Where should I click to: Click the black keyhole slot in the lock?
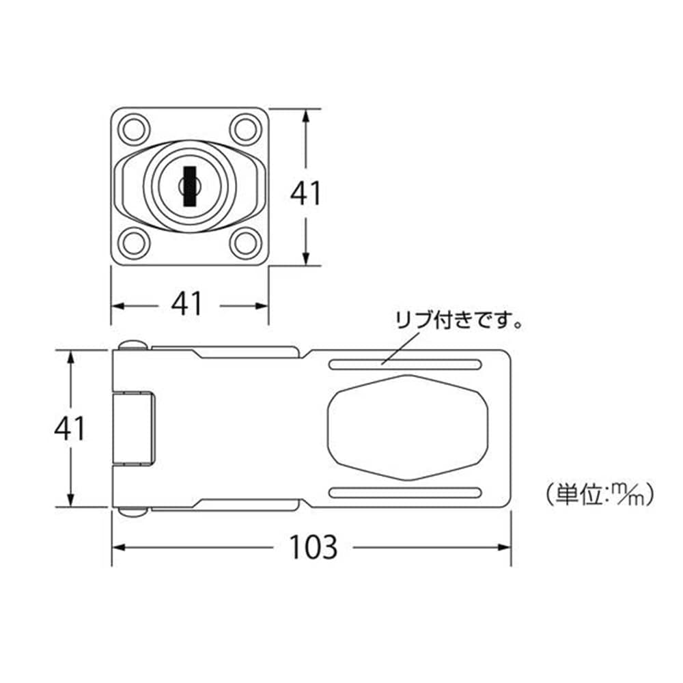(189, 186)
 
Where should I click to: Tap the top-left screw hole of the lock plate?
(134, 129)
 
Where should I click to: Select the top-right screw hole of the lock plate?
(246, 129)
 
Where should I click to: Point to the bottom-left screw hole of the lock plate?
(134, 244)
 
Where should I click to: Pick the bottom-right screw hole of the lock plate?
(246, 244)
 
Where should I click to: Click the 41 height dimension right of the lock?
(306, 193)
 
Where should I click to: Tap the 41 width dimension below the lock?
(187, 304)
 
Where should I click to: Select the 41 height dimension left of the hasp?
(70, 428)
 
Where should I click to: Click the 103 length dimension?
(313, 547)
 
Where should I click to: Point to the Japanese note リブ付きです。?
(459, 320)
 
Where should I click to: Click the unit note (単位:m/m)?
(600, 494)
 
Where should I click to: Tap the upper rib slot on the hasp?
(405, 364)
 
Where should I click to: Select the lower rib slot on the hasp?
(405, 492)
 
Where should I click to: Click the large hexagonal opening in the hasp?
(407, 428)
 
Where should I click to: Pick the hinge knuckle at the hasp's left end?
(133, 428)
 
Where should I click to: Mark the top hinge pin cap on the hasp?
(133, 345)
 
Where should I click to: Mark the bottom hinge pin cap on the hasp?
(133, 512)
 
